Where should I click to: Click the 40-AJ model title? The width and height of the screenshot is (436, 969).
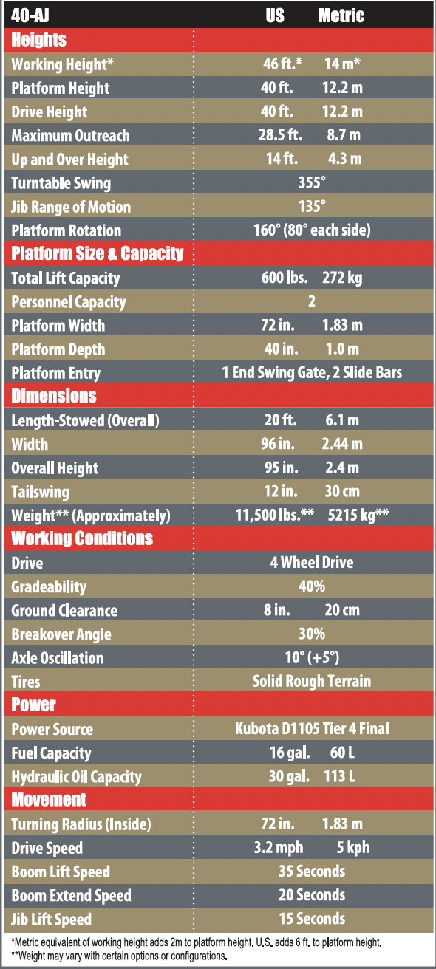click(30, 16)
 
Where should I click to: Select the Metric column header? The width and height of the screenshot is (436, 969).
click(341, 16)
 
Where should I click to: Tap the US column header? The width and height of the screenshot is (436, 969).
click(275, 16)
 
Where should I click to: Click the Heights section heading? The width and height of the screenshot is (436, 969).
click(39, 40)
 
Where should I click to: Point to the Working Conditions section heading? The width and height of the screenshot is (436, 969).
click(82, 538)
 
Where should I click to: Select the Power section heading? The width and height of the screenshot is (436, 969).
click(34, 705)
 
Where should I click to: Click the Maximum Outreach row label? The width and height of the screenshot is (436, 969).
click(71, 135)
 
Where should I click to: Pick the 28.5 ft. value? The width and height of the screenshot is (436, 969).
click(280, 135)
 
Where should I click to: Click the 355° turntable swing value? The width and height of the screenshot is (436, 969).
click(312, 182)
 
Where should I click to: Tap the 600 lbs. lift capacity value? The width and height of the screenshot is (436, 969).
click(285, 277)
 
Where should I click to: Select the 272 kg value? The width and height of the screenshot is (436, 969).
click(342, 278)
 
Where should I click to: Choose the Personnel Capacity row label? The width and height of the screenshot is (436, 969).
click(69, 302)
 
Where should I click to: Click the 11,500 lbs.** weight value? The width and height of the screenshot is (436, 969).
click(274, 515)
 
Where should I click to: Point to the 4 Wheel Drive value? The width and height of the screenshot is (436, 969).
click(312, 562)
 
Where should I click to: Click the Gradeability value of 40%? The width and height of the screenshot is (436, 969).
click(312, 586)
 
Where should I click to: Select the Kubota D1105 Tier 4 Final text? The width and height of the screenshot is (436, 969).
click(312, 728)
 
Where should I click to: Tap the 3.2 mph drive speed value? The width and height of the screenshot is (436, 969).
click(279, 847)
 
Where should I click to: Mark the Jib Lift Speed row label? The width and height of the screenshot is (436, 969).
click(51, 920)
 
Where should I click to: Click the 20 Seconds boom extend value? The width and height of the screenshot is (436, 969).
click(312, 894)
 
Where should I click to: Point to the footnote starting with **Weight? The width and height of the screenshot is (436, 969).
click(119, 956)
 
